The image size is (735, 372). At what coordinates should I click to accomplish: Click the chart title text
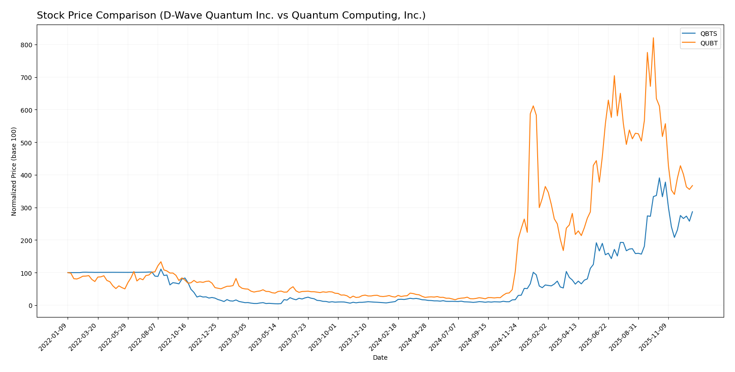(231, 15)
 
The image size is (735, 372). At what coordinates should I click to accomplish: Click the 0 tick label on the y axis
(30, 306)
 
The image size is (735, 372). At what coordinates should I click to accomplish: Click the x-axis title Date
(380, 358)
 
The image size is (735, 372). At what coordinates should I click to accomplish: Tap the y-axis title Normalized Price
(14, 171)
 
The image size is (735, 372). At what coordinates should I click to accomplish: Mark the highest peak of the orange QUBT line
(653, 38)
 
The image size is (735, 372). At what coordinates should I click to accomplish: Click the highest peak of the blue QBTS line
(659, 178)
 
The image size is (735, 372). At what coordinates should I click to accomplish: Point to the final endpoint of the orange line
(692, 185)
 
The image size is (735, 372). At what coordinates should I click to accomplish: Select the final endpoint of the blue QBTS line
(692, 212)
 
